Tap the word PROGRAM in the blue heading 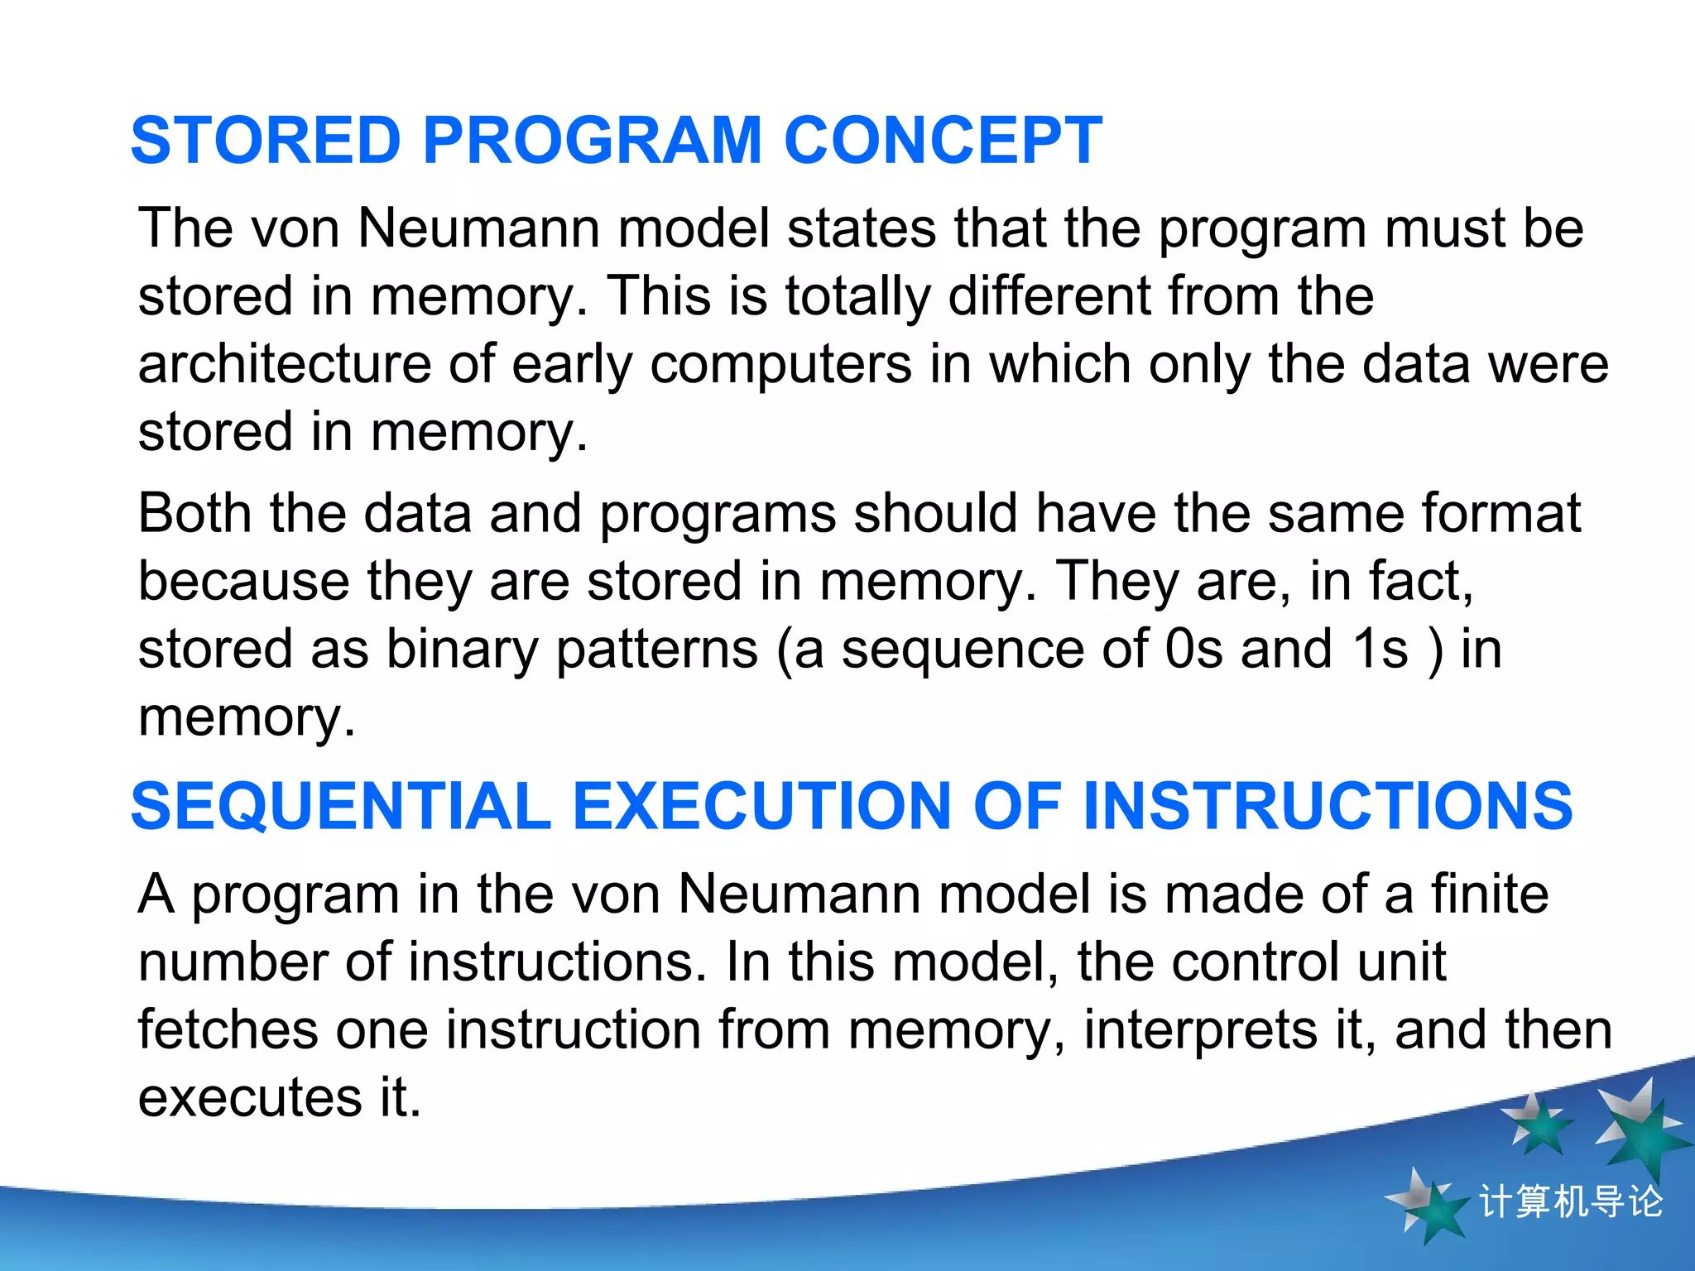click(x=592, y=141)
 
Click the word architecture click(x=284, y=364)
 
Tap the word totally click(x=857, y=296)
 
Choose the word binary click(x=462, y=650)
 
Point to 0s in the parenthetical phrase click(x=1193, y=650)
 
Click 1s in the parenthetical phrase click(x=1380, y=650)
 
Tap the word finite click(x=1490, y=894)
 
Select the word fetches click(x=228, y=1030)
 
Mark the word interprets click(x=1200, y=1032)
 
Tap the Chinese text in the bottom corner click(x=1570, y=1201)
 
